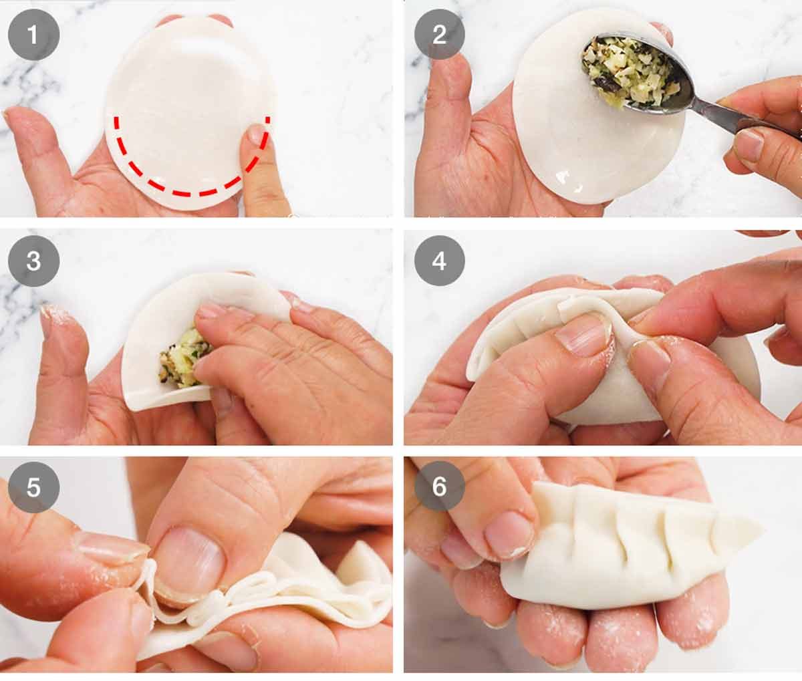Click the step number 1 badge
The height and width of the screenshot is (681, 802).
[33, 34]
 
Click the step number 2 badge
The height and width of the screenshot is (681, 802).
[439, 34]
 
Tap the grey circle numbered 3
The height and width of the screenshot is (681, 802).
[33, 261]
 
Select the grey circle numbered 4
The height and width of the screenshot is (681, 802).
[439, 261]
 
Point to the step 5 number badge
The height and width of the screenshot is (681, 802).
[33, 487]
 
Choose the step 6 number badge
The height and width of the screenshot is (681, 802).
[439, 487]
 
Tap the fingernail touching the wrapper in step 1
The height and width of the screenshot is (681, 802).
[256, 133]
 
